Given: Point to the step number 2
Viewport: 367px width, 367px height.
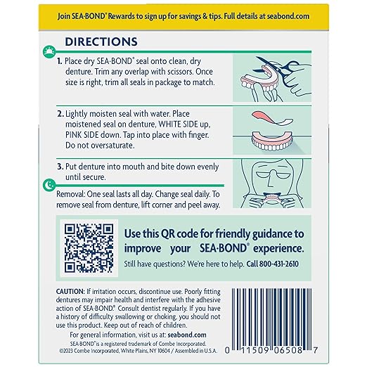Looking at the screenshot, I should (x=60, y=113).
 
